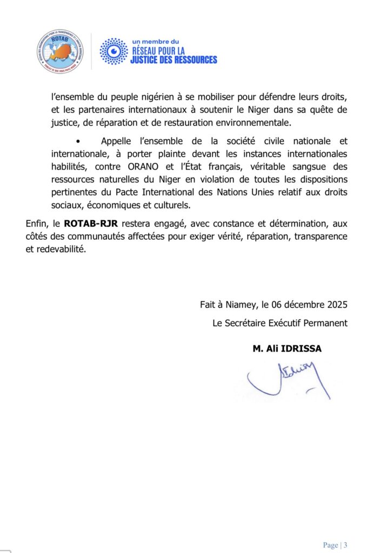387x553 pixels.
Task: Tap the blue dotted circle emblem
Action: (114, 51)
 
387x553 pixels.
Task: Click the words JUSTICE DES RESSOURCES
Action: (174, 59)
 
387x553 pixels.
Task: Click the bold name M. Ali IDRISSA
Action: (287, 348)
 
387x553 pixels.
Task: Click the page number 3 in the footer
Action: (345, 545)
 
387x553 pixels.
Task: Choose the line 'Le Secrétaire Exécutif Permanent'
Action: (280, 323)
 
